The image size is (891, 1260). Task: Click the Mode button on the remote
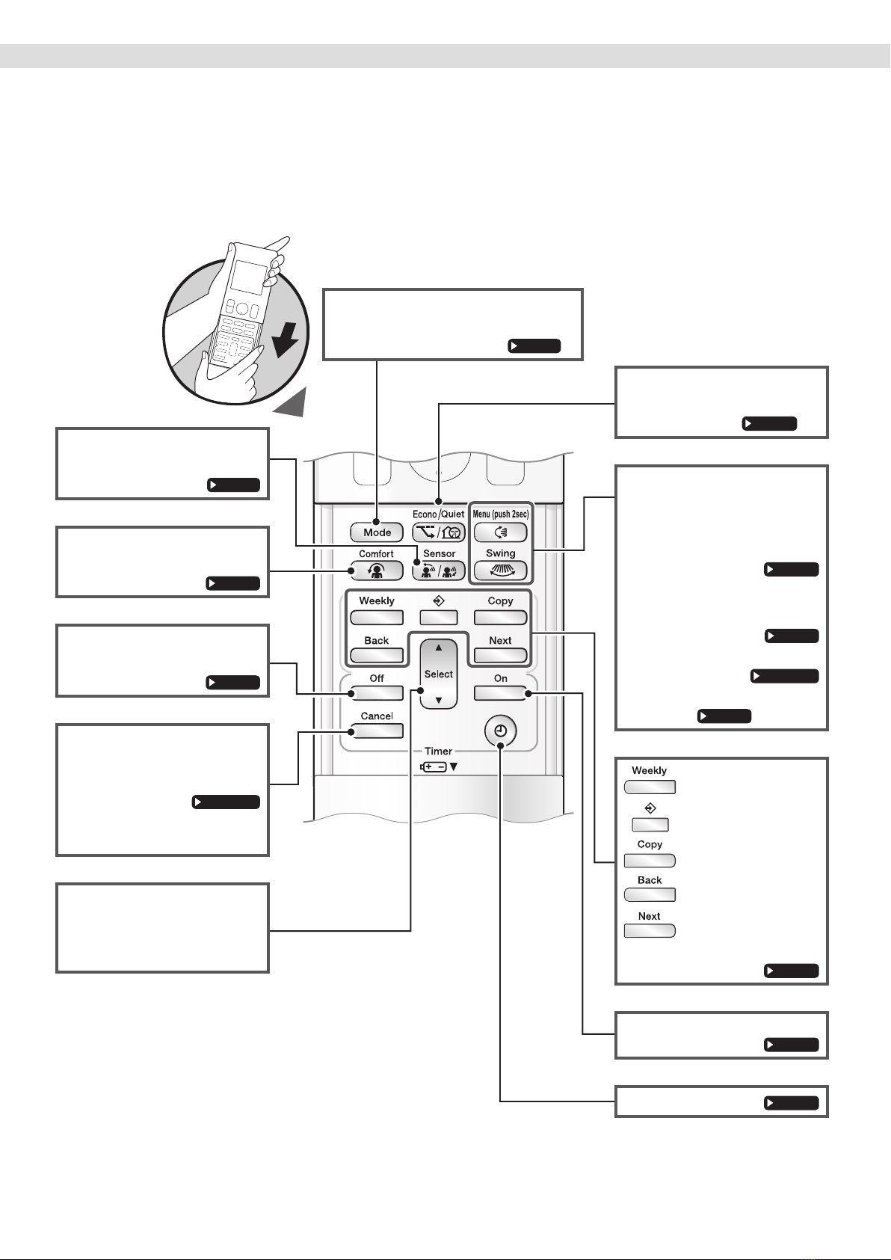pos(377,532)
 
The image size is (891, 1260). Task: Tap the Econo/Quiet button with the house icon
pos(439,532)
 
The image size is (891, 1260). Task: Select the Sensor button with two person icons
pos(439,571)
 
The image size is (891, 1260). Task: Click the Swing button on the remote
pos(500,571)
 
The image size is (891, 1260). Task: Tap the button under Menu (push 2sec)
pos(500,532)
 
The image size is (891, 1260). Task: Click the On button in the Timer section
pos(500,693)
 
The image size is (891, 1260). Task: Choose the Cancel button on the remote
pos(377,731)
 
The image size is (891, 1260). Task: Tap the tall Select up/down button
pos(439,674)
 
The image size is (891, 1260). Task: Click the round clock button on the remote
pos(500,731)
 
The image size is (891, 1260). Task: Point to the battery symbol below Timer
pos(434,766)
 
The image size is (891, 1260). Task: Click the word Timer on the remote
pos(439,751)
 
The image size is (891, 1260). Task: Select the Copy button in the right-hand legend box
pos(650,861)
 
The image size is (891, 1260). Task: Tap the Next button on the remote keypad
pos(500,655)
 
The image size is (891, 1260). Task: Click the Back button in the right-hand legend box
pos(650,895)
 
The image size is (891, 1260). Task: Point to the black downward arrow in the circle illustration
pos(286,339)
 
